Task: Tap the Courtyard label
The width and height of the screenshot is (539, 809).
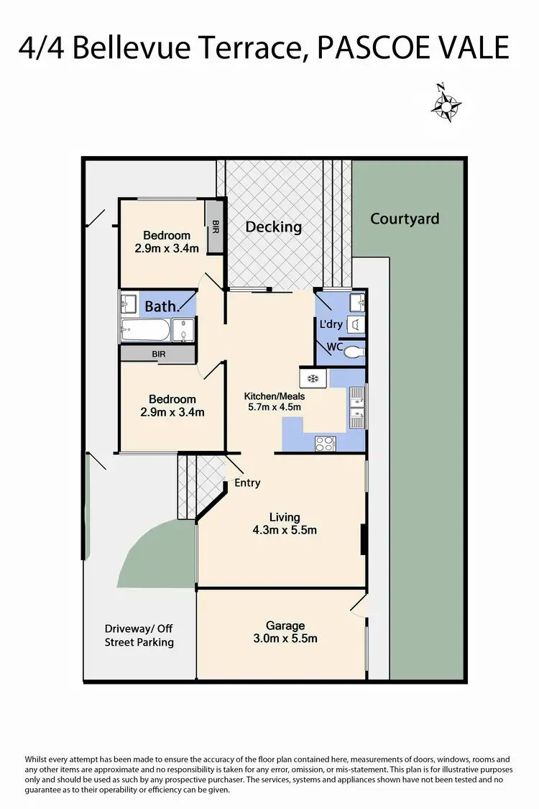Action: [405, 219]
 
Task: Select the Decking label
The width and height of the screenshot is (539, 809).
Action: [273, 227]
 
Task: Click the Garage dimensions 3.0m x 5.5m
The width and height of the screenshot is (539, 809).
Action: [286, 638]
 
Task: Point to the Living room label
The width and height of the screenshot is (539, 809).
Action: [285, 517]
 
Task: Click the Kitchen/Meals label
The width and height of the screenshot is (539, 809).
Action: [275, 396]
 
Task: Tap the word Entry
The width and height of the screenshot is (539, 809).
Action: [247, 483]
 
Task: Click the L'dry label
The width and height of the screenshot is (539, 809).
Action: [330, 324]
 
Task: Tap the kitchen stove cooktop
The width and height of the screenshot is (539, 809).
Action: [325, 444]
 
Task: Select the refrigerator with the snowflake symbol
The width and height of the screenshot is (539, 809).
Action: [313, 378]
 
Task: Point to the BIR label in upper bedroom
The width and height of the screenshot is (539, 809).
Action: [215, 225]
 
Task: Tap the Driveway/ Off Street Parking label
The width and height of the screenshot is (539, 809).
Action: [139, 636]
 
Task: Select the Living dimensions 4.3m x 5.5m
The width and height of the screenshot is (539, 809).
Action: [285, 531]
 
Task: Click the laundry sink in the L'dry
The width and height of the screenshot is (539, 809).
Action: [356, 300]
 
